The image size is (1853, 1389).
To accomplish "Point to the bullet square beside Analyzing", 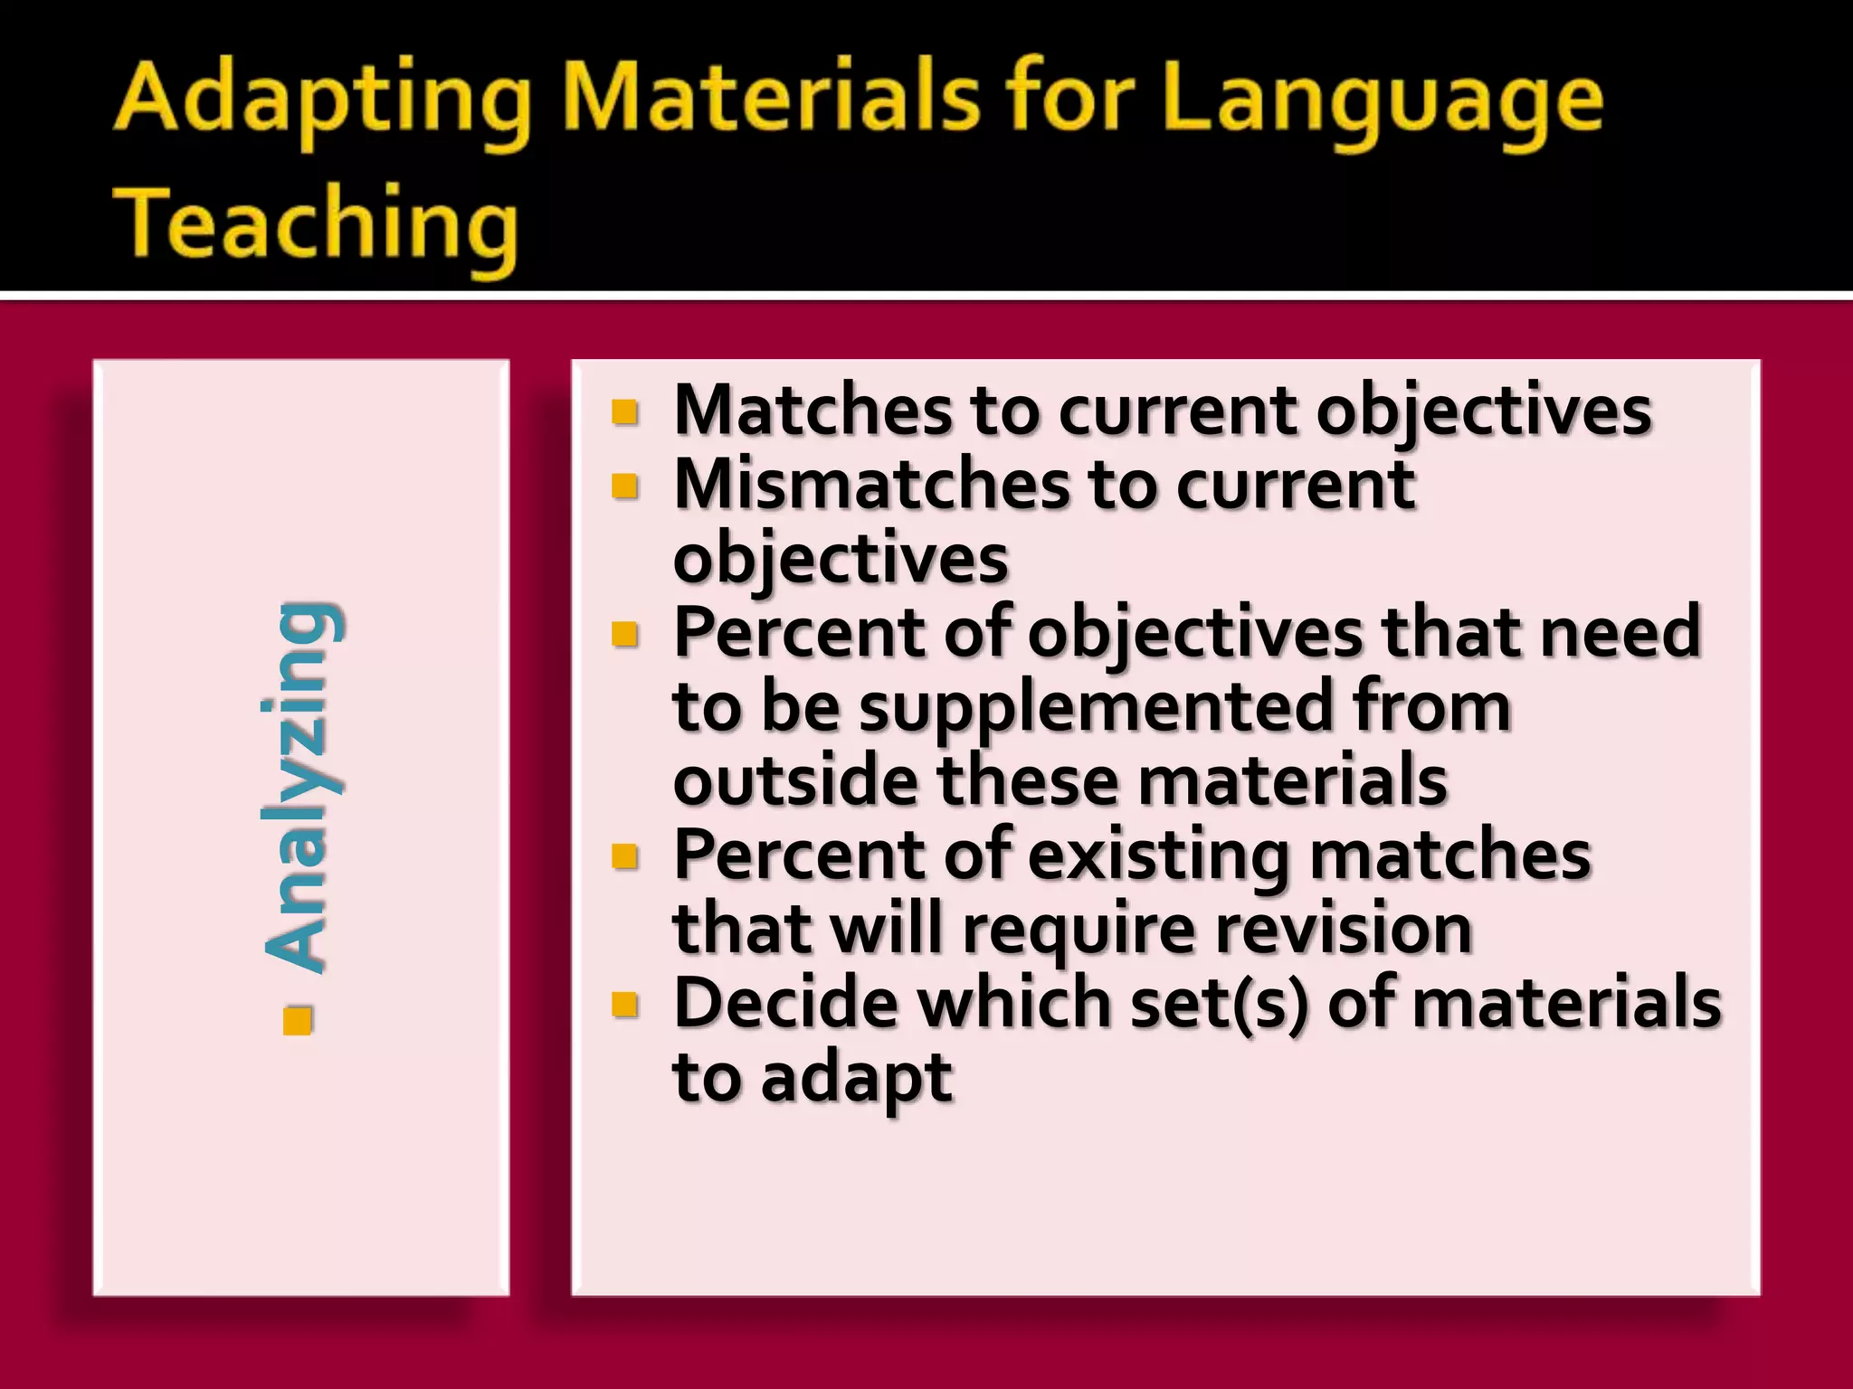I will click(x=298, y=1019).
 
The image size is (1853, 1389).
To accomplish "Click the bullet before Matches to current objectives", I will click(x=625, y=412).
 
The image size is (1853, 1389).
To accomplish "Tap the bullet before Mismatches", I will click(x=625, y=487).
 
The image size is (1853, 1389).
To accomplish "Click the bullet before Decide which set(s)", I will click(x=625, y=1004).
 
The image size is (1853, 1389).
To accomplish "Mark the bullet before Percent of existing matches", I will click(x=625, y=855).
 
